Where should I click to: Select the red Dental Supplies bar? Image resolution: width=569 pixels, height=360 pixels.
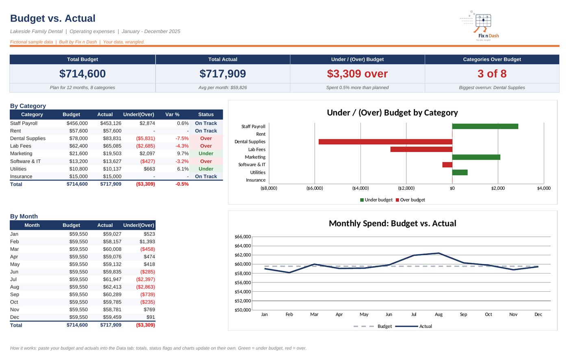click(385, 142)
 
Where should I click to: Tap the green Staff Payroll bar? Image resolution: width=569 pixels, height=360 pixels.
click(485, 126)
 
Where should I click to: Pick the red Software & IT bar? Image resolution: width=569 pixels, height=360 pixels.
click(447, 165)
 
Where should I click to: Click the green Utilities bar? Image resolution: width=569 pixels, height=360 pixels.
click(460, 172)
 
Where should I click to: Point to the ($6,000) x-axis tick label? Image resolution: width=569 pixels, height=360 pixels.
click(315, 188)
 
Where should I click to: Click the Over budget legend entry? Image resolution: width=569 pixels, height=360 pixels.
click(410, 200)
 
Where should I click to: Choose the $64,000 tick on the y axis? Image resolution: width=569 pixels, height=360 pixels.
click(243, 246)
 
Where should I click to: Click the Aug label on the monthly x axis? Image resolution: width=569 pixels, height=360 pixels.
click(439, 314)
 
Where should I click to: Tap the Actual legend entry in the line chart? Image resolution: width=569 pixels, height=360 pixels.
click(414, 326)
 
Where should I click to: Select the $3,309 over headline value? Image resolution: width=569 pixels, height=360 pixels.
click(357, 74)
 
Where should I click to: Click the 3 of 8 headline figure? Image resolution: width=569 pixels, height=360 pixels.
click(492, 74)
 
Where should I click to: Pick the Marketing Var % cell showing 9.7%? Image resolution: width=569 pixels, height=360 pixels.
click(183, 154)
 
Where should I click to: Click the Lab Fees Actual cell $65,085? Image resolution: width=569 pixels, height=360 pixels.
click(112, 146)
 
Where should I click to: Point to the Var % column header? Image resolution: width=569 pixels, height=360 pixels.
click(172, 115)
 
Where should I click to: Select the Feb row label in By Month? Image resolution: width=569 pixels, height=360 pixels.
click(14, 241)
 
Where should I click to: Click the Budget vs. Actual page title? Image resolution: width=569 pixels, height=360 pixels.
click(52, 18)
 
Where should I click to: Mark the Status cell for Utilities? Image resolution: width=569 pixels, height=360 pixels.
click(206, 169)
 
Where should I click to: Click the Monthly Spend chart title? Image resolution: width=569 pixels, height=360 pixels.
click(393, 223)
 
